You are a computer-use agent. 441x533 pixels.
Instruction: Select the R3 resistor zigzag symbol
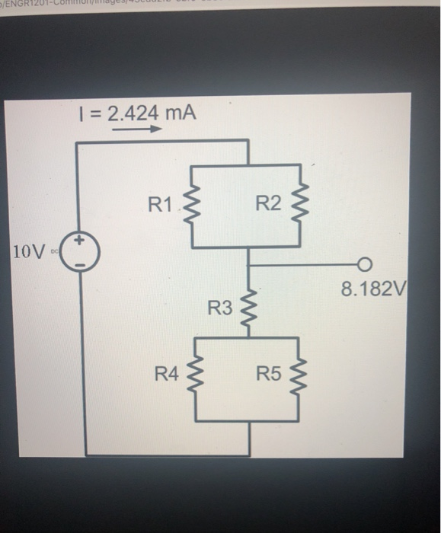pyautogui.click(x=249, y=308)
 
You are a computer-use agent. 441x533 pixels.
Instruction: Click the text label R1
pyautogui.click(x=161, y=204)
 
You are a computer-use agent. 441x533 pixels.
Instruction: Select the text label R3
pyautogui.click(x=220, y=308)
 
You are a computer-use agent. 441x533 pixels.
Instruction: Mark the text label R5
pyautogui.click(x=269, y=374)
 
